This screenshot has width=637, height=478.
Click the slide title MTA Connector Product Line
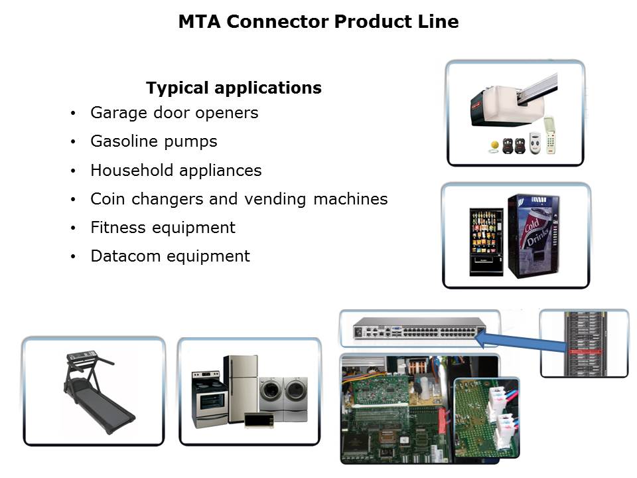[x=318, y=21]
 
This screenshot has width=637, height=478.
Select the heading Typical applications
[x=234, y=88]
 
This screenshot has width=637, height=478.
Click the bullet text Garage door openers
[x=175, y=113]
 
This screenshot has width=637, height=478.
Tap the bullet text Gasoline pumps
[x=154, y=141]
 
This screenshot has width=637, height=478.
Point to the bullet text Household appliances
[x=177, y=171]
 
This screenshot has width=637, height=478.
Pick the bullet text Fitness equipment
[x=163, y=228]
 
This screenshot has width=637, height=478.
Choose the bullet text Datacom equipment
[x=171, y=256]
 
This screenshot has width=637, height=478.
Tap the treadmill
[x=99, y=392]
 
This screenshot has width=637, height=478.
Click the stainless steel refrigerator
[x=240, y=388]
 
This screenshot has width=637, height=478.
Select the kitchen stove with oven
[x=209, y=399]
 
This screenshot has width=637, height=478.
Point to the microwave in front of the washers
[x=259, y=420]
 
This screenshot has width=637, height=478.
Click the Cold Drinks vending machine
[x=533, y=236]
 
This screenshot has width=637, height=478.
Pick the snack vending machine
[x=486, y=242]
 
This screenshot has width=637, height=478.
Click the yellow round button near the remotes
[x=494, y=145]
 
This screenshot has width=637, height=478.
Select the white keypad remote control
[x=549, y=135]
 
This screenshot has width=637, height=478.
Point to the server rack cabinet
[x=584, y=343]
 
